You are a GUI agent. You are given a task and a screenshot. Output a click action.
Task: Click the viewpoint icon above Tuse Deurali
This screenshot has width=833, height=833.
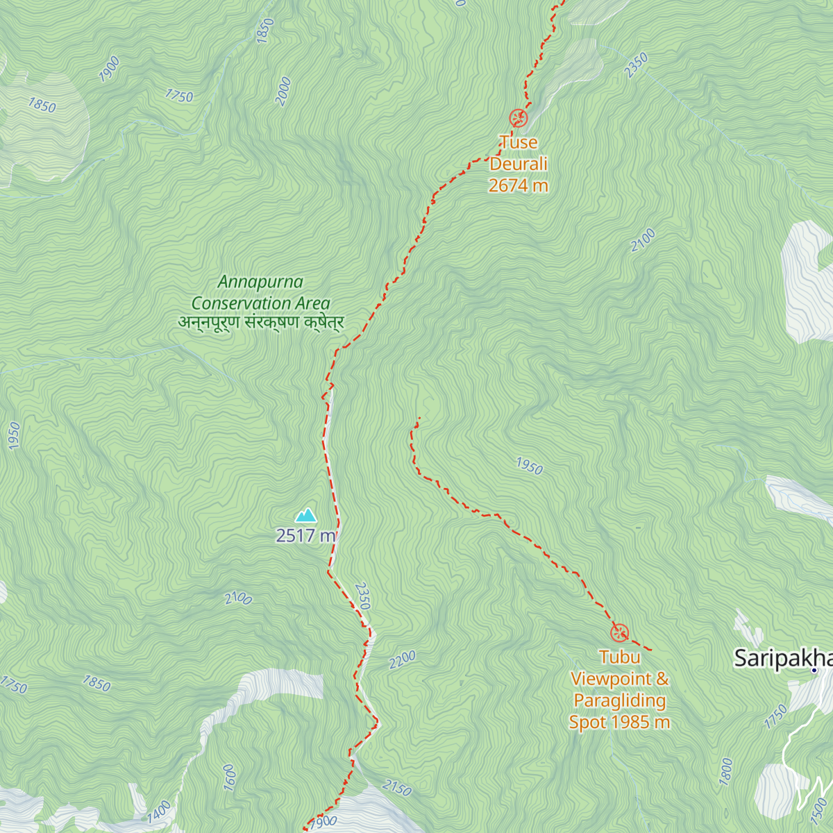(x=518, y=118)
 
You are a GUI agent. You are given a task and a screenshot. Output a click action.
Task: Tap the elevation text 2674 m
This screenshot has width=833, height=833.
(x=518, y=186)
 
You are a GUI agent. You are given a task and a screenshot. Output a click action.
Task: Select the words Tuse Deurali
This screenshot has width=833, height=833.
(x=519, y=153)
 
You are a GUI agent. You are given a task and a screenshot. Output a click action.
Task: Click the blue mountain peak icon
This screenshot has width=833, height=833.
(x=305, y=515)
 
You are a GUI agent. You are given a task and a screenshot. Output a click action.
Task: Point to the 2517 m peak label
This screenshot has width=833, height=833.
(x=306, y=536)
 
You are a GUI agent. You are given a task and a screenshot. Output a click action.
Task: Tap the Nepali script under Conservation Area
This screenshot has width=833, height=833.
(x=260, y=323)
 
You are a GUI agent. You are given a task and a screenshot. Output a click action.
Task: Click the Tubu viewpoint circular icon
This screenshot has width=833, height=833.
(x=619, y=632)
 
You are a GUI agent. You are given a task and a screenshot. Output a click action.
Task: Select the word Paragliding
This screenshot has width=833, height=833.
(x=619, y=700)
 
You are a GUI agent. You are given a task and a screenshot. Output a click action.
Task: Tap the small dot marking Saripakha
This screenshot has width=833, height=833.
(x=814, y=671)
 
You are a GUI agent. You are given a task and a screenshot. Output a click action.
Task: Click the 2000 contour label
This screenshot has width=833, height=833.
(x=283, y=92)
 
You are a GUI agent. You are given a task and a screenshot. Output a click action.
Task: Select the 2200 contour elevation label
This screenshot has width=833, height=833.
(x=403, y=659)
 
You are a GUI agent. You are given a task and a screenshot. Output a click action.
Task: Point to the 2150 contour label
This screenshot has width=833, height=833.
(x=396, y=788)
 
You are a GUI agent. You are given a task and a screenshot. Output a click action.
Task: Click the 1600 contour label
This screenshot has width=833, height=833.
(x=229, y=777)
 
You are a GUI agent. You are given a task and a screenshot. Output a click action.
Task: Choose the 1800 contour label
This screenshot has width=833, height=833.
(x=726, y=771)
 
